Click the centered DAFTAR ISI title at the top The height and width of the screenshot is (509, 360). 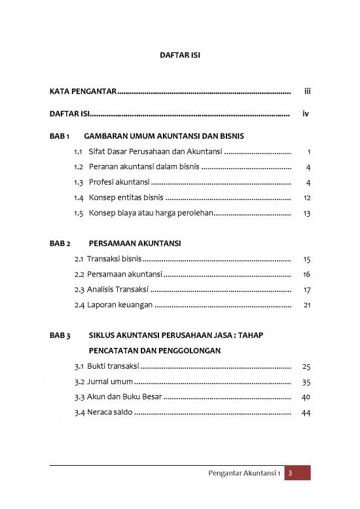[179, 57]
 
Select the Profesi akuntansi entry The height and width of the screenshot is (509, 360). [119, 181]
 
